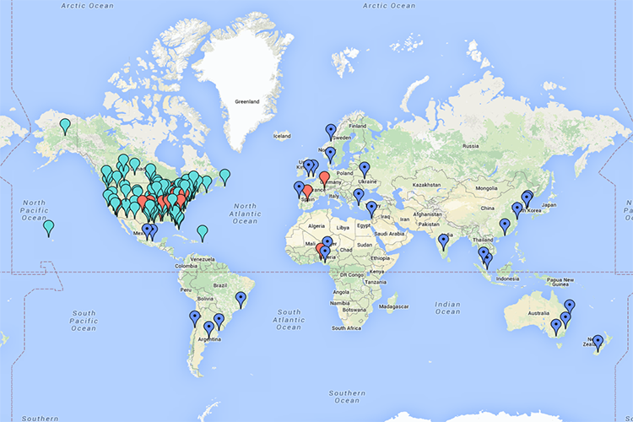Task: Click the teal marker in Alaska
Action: [65, 126]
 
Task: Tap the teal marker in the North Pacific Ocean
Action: [49, 226]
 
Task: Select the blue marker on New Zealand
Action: [598, 341]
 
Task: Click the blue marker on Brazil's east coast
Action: [241, 298]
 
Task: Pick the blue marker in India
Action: [444, 241]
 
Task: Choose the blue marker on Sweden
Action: [330, 131]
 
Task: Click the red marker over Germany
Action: [324, 178]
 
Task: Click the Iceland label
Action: [281, 135]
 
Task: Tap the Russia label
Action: [471, 145]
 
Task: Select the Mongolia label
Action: [485, 187]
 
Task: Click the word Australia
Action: [541, 314]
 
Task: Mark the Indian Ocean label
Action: [447, 306]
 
